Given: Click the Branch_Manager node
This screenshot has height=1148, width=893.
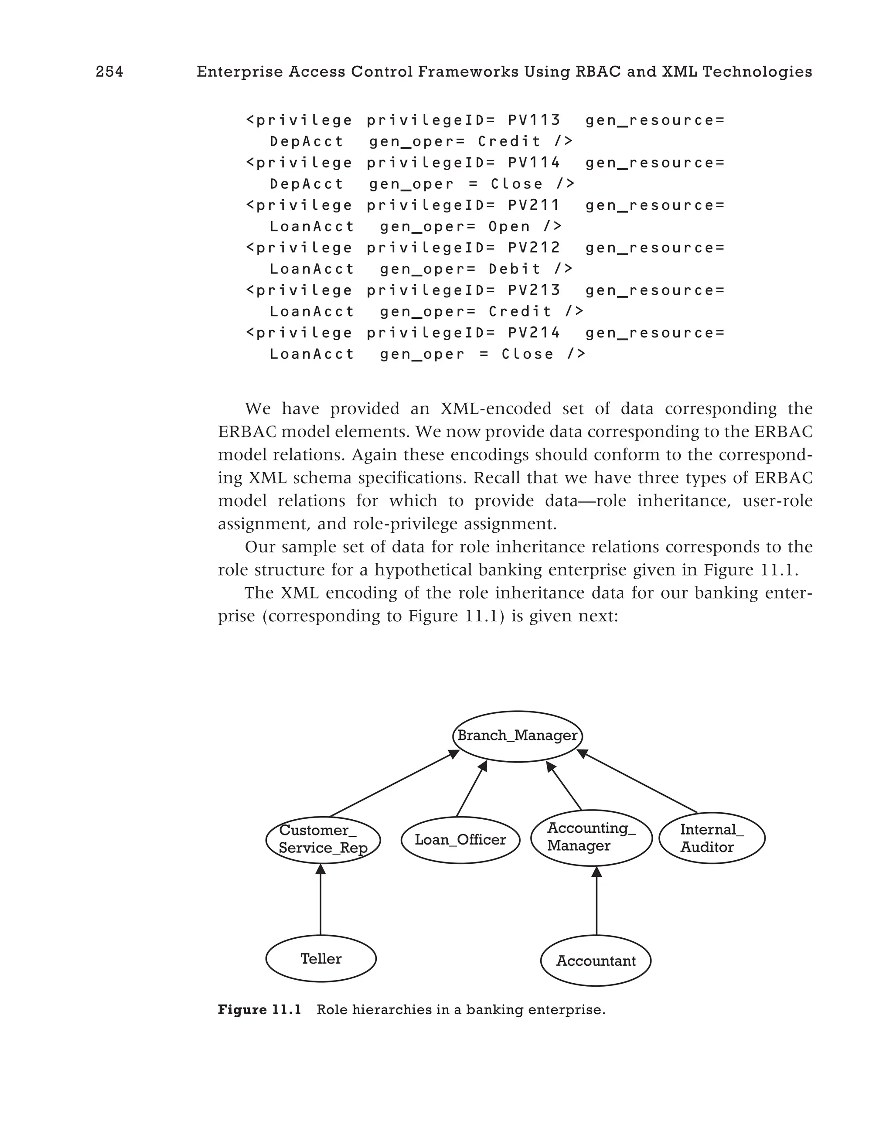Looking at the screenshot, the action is pos(517,736).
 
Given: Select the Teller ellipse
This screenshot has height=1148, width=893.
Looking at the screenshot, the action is pos(320,959).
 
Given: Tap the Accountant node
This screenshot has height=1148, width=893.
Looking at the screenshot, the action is pos(596,961).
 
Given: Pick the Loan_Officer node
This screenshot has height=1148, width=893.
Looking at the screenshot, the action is pos(460,839).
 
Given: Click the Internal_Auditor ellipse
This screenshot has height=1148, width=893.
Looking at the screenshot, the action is pos(712,838).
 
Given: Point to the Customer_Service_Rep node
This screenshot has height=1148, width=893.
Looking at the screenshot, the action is pos(323,839).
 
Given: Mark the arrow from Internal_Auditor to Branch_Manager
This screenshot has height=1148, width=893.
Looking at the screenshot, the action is pos(637,782).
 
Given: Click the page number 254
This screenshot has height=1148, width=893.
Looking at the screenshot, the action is pos(109,72).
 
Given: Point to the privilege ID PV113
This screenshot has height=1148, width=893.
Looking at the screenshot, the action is pos(534,120).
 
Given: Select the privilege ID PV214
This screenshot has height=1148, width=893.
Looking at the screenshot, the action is pos(534,333).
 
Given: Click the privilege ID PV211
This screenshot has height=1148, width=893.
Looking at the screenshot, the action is pos(534,205).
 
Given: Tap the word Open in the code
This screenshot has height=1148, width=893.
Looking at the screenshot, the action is pos(509,227).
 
